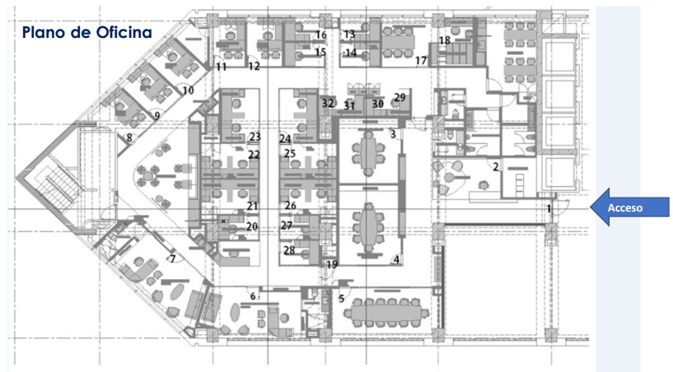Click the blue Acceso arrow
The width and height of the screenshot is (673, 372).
[x=629, y=207]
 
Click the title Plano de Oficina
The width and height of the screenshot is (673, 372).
[x=87, y=32]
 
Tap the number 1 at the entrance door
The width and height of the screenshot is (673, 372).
[x=549, y=209]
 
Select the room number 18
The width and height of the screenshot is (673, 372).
[x=445, y=40]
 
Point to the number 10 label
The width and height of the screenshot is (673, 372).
[x=188, y=91]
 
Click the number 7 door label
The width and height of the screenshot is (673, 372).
[x=173, y=258]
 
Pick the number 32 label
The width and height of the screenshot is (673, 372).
[x=328, y=103]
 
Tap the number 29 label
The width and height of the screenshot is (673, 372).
[x=400, y=97]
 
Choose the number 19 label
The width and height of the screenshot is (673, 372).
[x=332, y=264]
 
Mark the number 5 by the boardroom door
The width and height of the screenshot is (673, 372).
[x=342, y=299]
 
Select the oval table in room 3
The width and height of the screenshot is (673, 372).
[x=368, y=152]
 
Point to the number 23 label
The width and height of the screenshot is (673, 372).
[x=255, y=137]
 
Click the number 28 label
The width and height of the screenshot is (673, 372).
[x=289, y=250]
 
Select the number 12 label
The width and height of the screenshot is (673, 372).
[x=254, y=67]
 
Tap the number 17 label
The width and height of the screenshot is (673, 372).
[x=421, y=61]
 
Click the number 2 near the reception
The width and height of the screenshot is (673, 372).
[x=496, y=166]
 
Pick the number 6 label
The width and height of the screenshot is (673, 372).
[x=253, y=296]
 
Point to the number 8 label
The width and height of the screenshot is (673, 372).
[x=129, y=138]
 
